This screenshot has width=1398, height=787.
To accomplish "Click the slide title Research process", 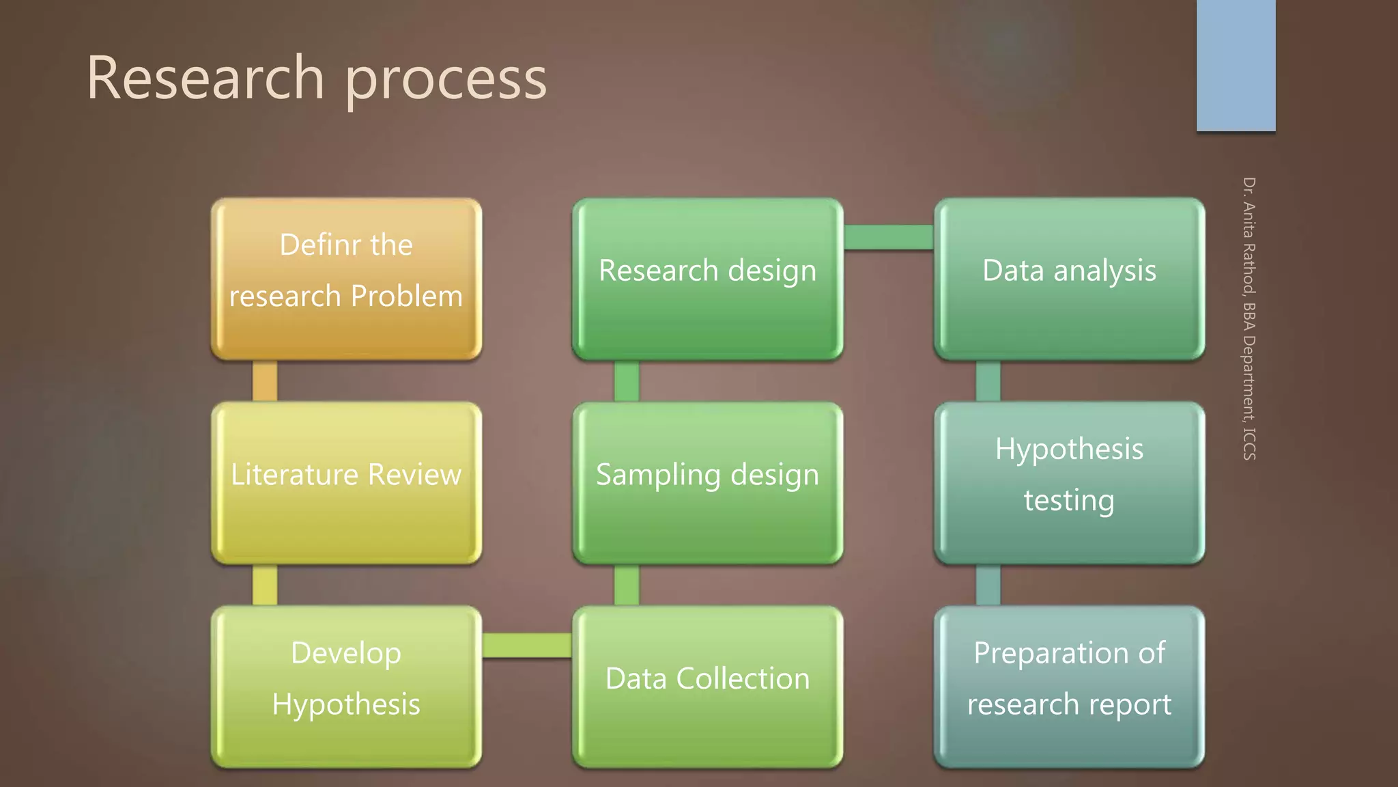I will (316, 78).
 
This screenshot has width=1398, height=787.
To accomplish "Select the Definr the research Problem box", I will (346, 279).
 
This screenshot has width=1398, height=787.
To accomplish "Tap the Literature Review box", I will (346, 482).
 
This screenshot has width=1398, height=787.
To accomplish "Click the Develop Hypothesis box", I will (346, 686).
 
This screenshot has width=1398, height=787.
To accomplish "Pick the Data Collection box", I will (707, 686).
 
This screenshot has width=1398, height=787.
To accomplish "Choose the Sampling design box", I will (707, 482).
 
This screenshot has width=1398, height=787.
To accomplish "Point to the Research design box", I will (707, 279).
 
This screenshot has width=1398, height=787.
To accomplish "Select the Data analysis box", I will (1069, 279).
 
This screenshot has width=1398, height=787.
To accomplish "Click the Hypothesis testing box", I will (1069, 482).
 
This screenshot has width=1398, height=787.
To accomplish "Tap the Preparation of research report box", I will (1069, 686).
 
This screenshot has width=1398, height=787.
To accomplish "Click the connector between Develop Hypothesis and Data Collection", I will (526, 645).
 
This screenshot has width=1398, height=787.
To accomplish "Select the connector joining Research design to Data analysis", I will (888, 237).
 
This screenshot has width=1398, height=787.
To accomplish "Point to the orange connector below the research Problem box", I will (265, 381).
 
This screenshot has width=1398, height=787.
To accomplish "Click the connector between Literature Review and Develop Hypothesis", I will (265, 584).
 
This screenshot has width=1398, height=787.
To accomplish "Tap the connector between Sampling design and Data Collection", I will (627, 584).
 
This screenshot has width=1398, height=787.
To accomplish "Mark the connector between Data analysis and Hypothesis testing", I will (988, 381).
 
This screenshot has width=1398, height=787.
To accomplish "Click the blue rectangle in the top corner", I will (1236, 65).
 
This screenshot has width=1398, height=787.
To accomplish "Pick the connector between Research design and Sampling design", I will (627, 381).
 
